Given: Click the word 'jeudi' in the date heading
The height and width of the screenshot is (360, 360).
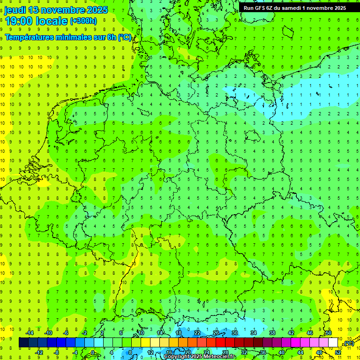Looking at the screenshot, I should pyautogui.click(x=15, y=10).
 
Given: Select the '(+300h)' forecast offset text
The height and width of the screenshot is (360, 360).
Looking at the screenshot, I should pyautogui.click(x=83, y=21).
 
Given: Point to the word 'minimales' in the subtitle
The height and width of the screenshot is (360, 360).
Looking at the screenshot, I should pyautogui.click(x=76, y=37).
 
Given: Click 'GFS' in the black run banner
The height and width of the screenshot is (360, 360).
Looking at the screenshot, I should pyautogui.click(x=261, y=8).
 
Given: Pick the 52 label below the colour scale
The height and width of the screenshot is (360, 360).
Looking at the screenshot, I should pyautogui.click(x=338, y=352).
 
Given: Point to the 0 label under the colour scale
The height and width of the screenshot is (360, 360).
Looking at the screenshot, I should pyautogui.click(x=93, y=352).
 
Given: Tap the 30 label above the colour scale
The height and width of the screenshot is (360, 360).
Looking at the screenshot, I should pyautogui.click(x=234, y=333).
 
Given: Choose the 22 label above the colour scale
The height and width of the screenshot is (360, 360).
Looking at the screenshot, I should pyautogui.click(x=197, y=333).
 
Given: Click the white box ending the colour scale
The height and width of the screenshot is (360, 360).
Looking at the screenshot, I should pyautogui.click(x=333, y=343).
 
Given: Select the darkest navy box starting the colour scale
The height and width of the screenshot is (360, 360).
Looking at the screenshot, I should pyautogui.click(x=23, y=343).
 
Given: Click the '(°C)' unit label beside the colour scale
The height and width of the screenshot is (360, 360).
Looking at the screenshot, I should pyautogui.click(x=349, y=344).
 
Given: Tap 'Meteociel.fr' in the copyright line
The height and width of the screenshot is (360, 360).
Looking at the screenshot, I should pyautogui.click(x=220, y=357).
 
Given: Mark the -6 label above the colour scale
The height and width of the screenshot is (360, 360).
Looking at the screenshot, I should pyautogui.click(x=66, y=333).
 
